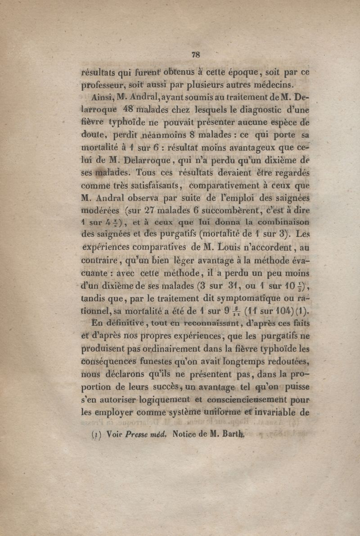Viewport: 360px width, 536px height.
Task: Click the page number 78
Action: pyautogui.click(x=195, y=55)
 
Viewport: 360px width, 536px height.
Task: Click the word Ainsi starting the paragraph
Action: pyautogui.click(x=102, y=96)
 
